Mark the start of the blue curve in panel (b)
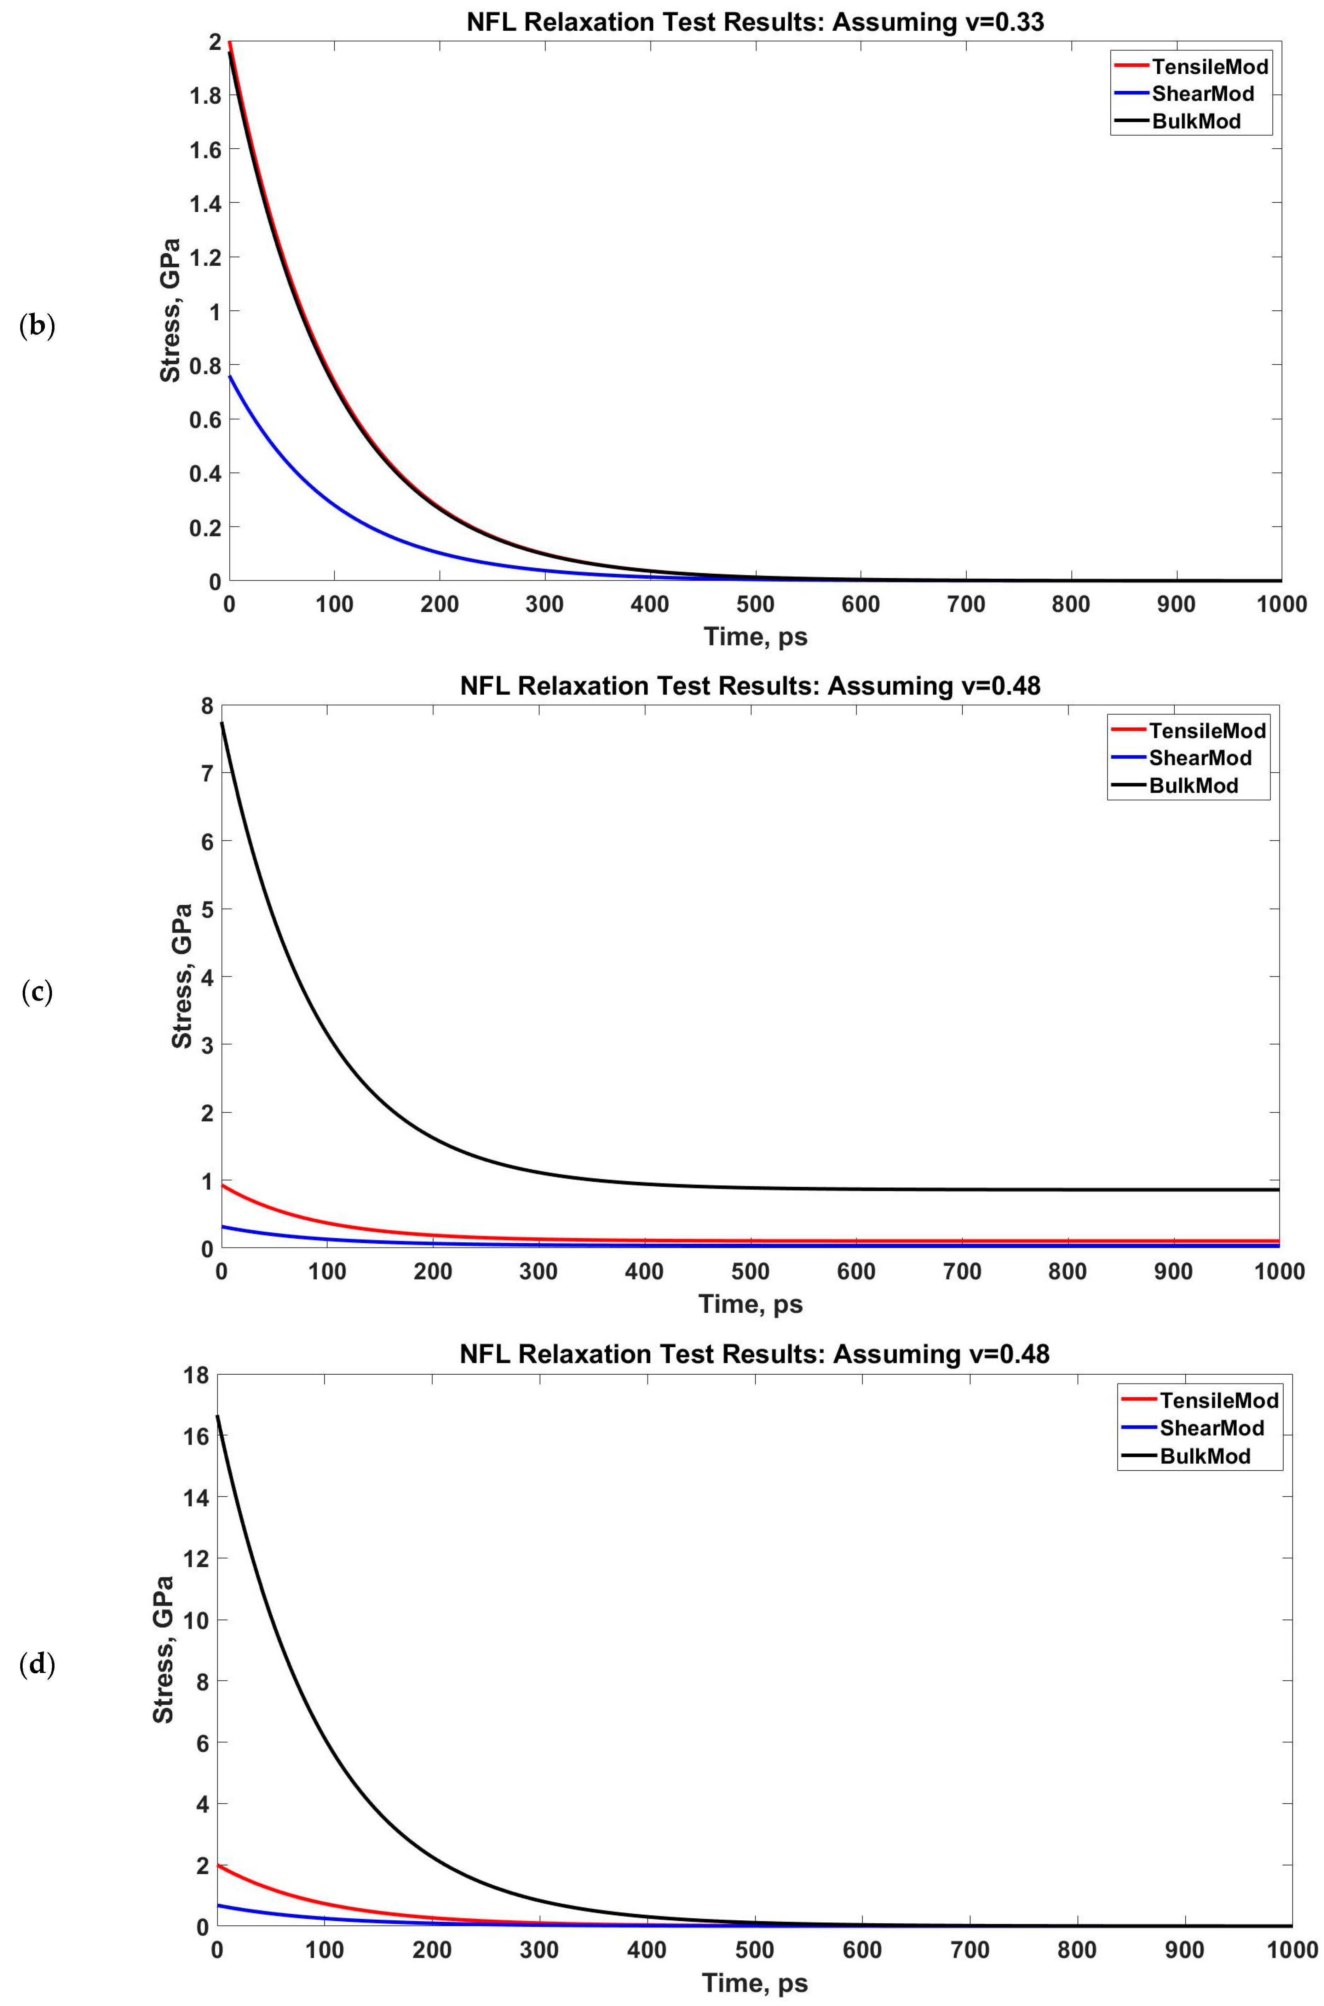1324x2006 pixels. (x=230, y=377)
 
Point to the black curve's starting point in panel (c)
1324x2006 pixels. (x=222, y=723)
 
